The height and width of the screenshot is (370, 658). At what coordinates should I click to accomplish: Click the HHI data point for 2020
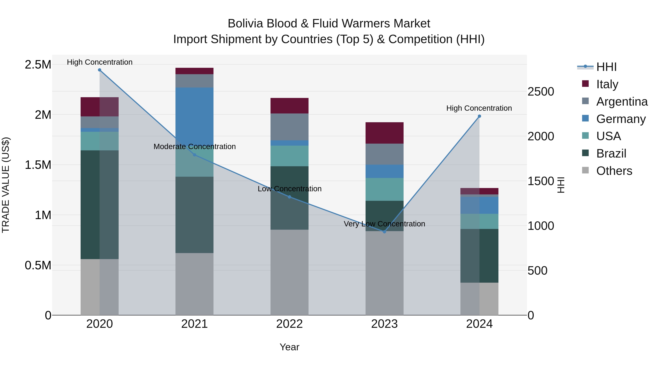point(100,70)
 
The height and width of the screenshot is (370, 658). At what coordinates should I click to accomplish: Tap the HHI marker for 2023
point(384,232)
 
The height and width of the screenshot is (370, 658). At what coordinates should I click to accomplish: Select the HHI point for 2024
point(479,116)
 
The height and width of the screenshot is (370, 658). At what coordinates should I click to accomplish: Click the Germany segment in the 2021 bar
point(194,115)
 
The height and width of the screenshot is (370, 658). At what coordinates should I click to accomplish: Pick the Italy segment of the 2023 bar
point(384,133)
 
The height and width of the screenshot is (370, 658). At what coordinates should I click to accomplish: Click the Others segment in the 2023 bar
point(384,273)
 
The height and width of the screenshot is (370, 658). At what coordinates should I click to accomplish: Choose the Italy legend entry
point(607,84)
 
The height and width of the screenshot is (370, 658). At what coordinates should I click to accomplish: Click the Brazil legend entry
point(611,153)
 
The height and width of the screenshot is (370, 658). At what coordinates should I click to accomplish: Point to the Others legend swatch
point(585,170)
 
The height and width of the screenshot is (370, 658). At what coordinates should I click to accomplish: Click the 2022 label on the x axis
point(289,324)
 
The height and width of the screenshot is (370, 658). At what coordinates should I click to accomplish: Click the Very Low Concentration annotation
point(384,224)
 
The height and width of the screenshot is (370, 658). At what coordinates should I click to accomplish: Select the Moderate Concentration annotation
point(194,147)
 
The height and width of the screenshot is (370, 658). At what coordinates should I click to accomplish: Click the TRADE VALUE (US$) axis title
point(6,185)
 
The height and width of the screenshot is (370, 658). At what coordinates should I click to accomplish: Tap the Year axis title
point(289,347)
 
